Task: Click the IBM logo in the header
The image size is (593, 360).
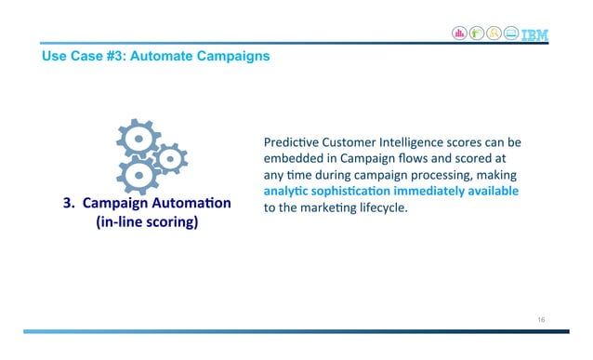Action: coord(534,34)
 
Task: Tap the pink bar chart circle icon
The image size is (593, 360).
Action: coord(458,33)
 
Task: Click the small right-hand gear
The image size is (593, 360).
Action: coord(168,159)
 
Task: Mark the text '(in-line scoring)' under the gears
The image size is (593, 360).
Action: coord(141,223)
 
